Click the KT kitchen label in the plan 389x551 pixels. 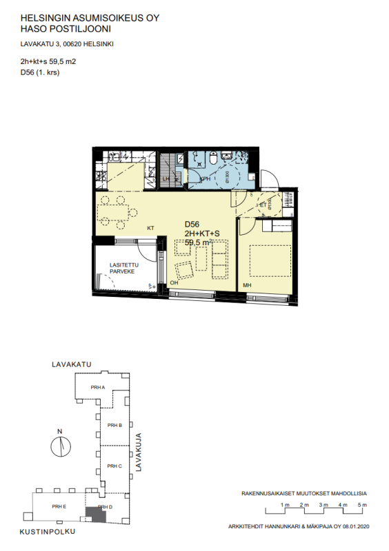[150, 227]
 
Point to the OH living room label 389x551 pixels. [174, 282]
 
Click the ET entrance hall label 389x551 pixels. [263, 205]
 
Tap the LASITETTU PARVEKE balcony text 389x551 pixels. [125, 269]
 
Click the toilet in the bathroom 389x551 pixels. [214, 160]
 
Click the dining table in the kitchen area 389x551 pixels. [112, 211]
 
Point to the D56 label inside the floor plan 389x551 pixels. [192, 225]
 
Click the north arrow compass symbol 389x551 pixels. [61, 446]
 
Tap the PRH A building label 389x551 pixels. [97, 388]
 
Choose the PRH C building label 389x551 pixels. [114, 466]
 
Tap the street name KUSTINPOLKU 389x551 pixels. [47, 532]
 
